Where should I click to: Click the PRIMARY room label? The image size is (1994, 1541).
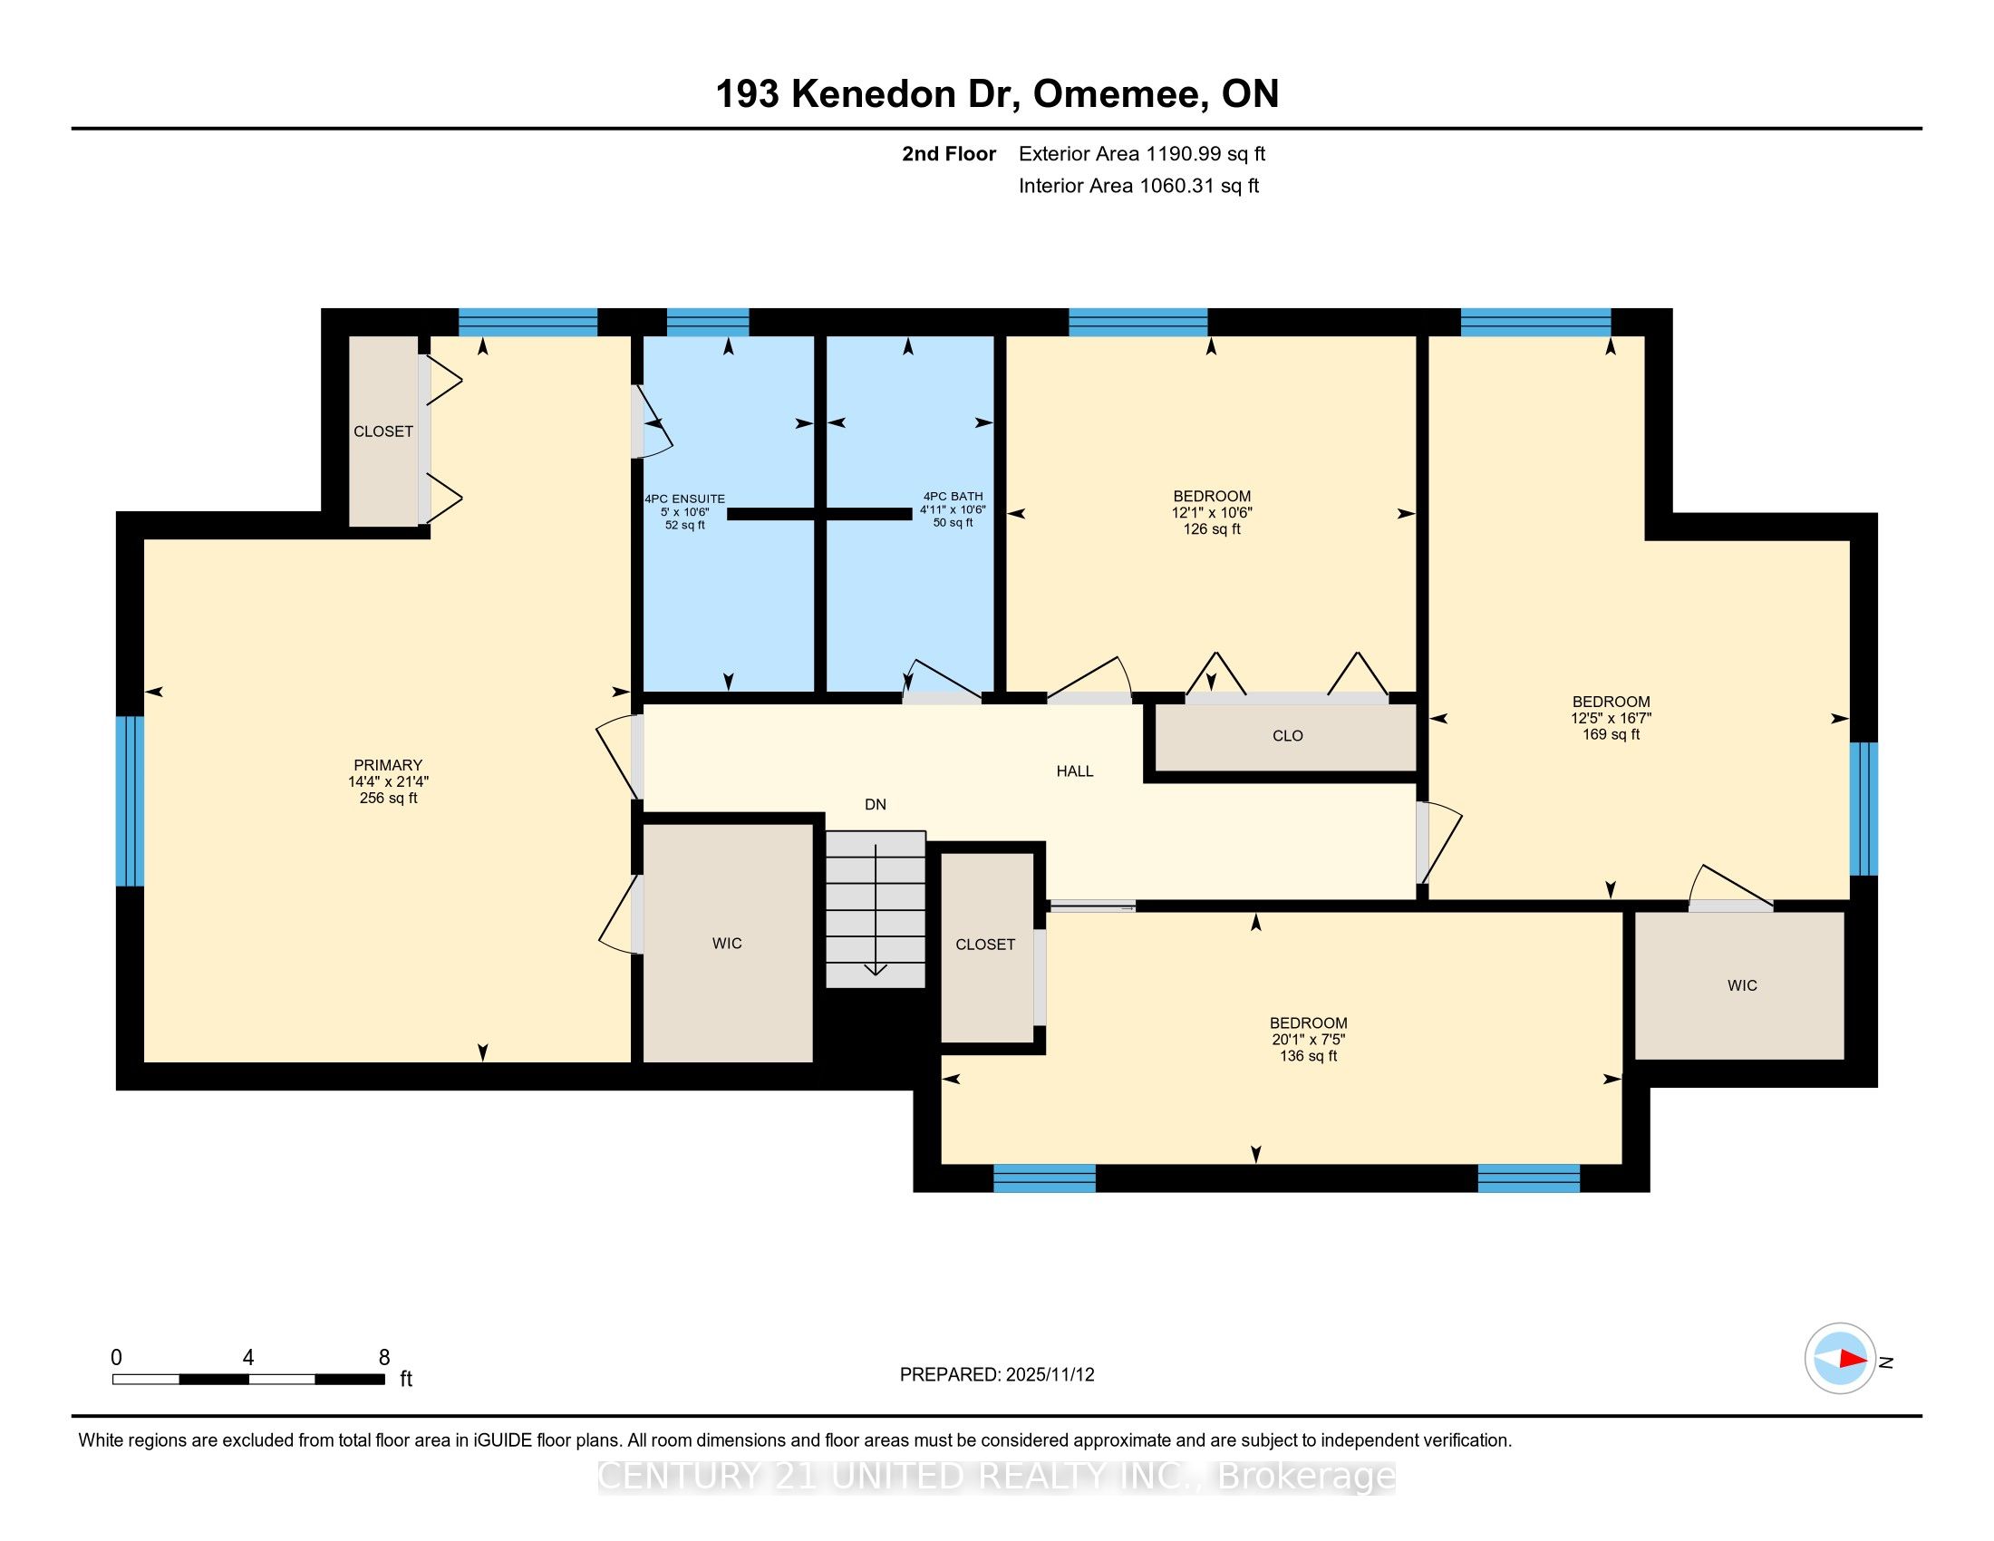(388, 765)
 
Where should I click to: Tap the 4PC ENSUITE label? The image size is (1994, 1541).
(684, 499)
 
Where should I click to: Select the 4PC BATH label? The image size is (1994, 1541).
(953, 497)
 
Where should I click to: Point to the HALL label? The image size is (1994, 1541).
(1075, 771)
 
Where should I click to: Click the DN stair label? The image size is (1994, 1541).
(876, 804)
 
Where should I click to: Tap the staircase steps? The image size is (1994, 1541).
(876, 908)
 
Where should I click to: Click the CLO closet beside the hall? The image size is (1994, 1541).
(1287, 736)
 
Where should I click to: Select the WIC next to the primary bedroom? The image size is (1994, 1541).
(728, 943)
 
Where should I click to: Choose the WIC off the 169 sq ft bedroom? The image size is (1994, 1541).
(1740, 986)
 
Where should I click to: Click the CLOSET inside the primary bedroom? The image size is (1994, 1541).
(383, 431)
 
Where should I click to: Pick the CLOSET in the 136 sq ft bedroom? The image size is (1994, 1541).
(986, 945)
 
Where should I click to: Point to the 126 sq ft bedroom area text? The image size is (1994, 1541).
(1212, 529)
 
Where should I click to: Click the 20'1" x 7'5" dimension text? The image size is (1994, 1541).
(1308, 1040)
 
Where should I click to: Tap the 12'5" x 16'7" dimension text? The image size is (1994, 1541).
(1611, 719)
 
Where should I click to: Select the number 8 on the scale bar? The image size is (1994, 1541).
(384, 1358)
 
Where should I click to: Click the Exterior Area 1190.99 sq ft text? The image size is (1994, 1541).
(1142, 153)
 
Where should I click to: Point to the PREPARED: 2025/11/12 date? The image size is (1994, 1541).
(997, 1374)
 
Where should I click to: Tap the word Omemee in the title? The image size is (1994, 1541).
(1118, 94)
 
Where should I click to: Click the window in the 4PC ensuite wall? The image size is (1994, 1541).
(708, 323)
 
